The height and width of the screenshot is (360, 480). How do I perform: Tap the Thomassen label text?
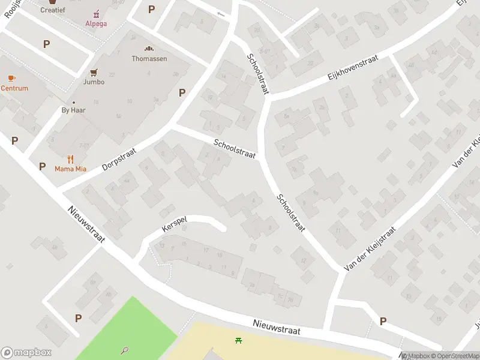tap(149, 59)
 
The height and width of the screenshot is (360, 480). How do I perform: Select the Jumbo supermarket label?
tap(94, 82)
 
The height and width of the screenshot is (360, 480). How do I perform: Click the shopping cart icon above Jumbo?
tap(94, 72)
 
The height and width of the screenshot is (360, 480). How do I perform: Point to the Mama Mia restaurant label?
tap(70, 169)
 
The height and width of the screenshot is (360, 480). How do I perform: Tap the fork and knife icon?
tap(70, 159)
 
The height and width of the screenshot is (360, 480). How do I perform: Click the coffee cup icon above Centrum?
tap(11, 78)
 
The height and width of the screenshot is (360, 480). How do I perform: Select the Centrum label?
tap(14, 88)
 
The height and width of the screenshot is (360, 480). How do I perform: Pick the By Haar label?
tap(74, 110)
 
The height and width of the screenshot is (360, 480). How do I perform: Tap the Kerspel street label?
tap(174, 224)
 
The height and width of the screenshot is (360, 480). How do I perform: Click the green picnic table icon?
tap(239, 340)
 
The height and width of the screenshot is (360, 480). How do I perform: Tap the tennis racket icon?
tap(125, 350)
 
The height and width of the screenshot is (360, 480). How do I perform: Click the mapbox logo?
tap(26, 353)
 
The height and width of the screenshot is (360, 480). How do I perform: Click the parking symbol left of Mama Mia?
tap(42, 166)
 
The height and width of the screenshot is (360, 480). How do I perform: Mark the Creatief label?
tap(53, 10)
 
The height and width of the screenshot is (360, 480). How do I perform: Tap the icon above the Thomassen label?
tap(149, 49)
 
